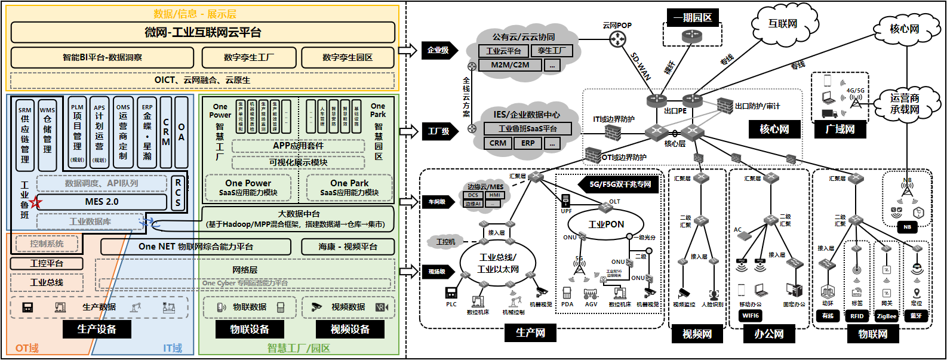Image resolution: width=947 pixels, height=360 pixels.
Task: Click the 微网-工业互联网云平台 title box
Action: coord(203,32)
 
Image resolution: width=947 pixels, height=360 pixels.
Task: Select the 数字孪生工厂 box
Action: coord(249,58)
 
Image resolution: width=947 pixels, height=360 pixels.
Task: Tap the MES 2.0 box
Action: coord(102,202)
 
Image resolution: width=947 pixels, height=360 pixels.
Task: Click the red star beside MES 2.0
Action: coord(36,202)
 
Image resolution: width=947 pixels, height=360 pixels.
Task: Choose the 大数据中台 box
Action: coord(299,219)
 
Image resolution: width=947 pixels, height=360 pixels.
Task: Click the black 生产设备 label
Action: coord(97,329)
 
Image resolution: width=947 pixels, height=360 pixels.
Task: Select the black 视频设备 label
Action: coord(350,329)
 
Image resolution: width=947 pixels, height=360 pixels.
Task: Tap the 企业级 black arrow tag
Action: coord(439,50)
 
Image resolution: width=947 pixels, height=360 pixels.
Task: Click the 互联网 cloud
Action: coord(783,24)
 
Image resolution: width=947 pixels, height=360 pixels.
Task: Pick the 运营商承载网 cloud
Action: coord(905,104)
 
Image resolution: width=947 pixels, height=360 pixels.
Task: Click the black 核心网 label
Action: coord(774,129)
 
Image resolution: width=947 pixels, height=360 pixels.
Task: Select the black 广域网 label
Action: coord(840,129)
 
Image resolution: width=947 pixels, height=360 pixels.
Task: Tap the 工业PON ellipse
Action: coord(605,224)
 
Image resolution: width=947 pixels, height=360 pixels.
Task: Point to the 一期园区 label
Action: coord(693,17)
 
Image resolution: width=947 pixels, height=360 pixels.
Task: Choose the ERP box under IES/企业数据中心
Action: coord(528,143)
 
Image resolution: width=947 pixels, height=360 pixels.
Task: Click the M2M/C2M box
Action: coord(510,65)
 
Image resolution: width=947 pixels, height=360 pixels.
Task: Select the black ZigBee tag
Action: coord(886,316)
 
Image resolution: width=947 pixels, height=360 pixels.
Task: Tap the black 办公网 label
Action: coord(768,334)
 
